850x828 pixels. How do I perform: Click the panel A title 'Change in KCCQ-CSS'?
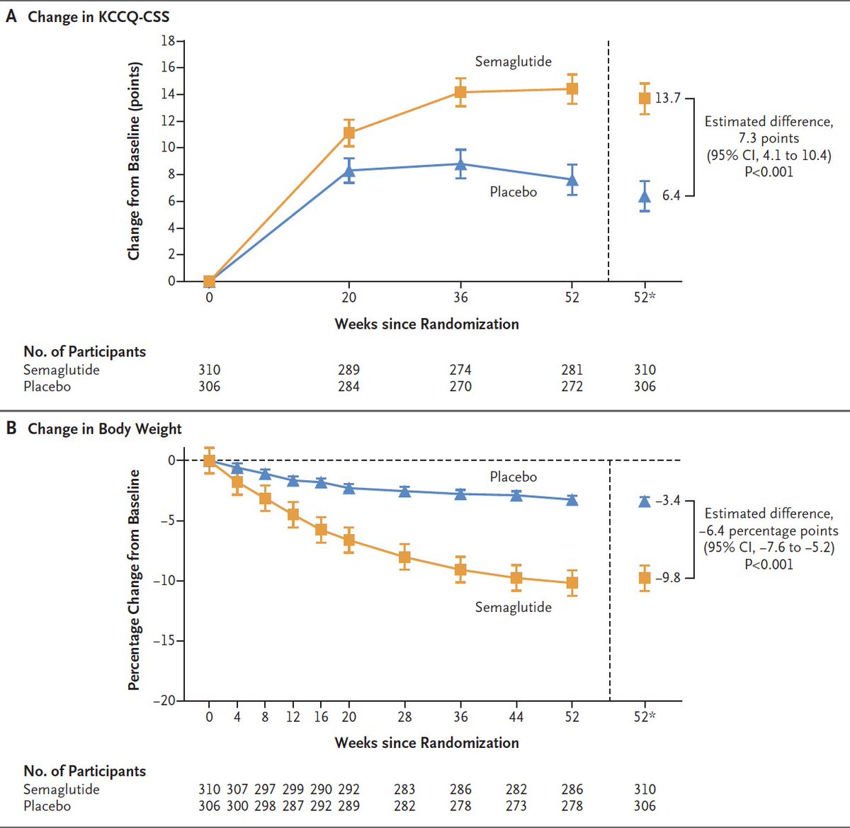[98, 16]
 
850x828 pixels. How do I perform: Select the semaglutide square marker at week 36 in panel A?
[460, 92]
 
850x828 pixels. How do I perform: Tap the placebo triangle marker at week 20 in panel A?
[348, 170]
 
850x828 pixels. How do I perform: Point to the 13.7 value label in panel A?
[667, 98]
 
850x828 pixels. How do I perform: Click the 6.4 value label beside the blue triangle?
[671, 195]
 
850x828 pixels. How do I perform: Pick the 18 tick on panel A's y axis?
[168, 41]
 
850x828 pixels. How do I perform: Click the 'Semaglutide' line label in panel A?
[513, 62]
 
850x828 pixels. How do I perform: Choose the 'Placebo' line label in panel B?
[513, 477]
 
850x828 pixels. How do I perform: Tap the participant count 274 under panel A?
[460, 370]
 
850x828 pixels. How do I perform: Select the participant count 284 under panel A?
[348, 387]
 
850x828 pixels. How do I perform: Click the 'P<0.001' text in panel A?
[769, 172]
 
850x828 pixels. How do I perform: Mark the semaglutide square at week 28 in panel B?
[404, 557]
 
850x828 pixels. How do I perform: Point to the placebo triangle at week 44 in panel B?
[516, 495]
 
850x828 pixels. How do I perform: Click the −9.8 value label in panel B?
[667, 578]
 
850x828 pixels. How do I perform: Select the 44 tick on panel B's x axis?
[516, 717]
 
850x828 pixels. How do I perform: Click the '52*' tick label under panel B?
[645, 717]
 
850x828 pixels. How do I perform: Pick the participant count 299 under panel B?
[293, 789]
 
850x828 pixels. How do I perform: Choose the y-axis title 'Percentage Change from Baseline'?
[134, 580]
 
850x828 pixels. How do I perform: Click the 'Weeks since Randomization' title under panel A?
[426, 324]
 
